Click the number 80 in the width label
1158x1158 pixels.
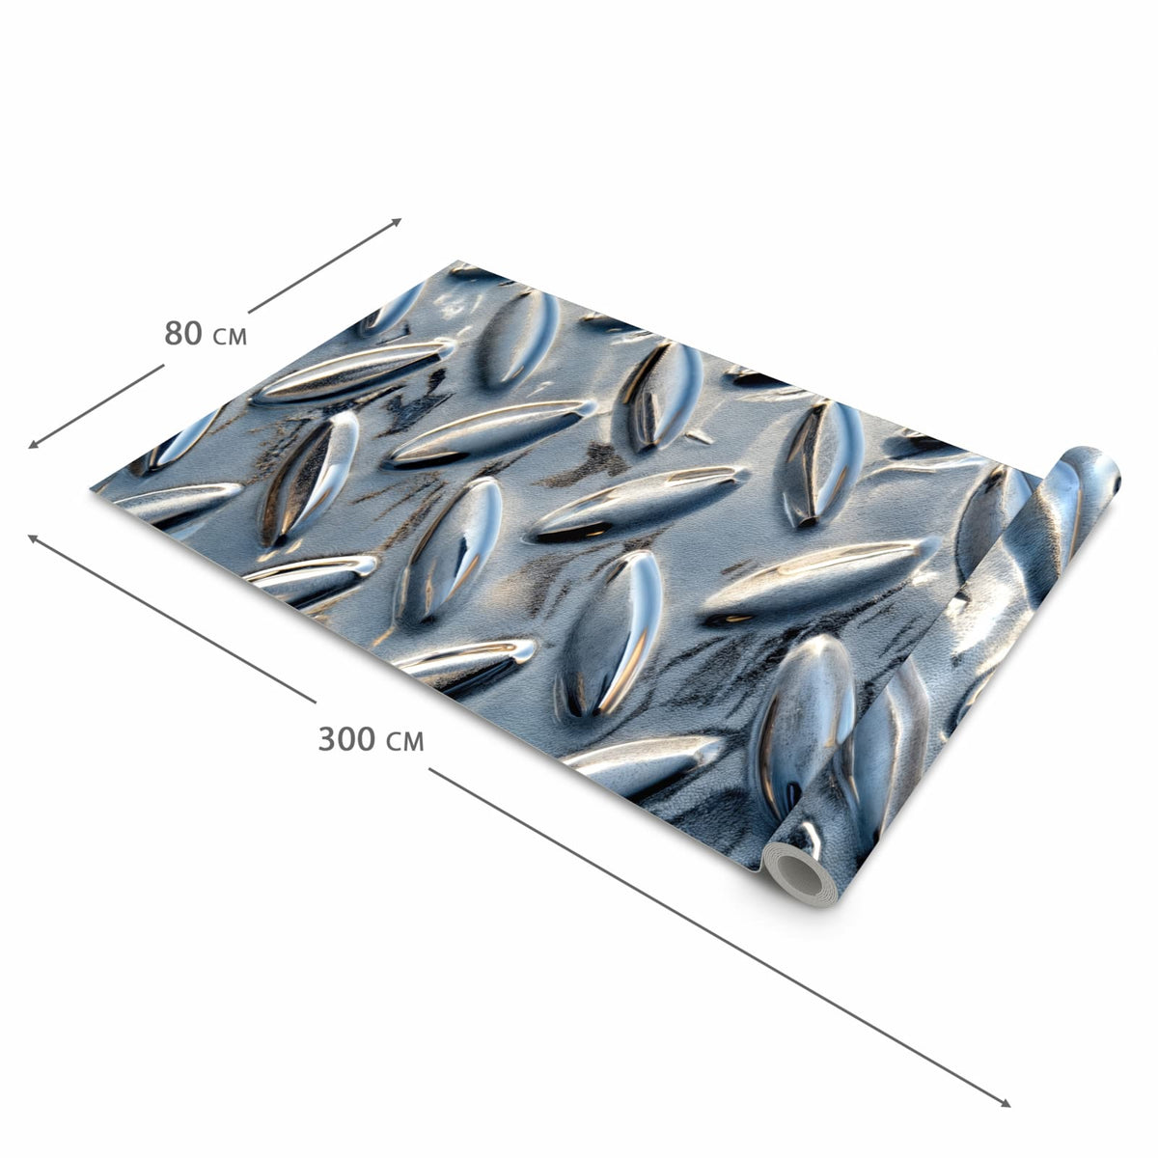[x=183, y=333]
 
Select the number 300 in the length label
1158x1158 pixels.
[x=346, y=739]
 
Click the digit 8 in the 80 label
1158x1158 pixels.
[x=174, y=333]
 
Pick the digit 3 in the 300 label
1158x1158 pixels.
[x=327, y=739]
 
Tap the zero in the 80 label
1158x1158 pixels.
[x=194, y=333]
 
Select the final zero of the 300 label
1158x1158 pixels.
[x=367, y=739]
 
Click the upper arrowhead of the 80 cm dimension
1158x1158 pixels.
[x=398, y=221]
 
